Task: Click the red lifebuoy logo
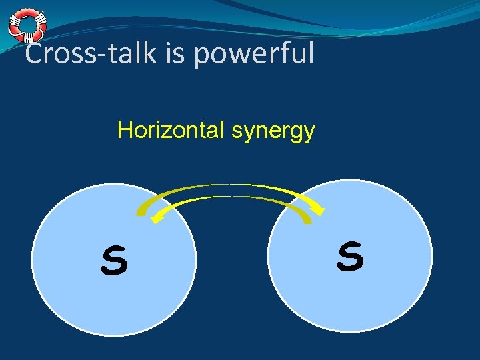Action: pyautogui.click(x=27, y=25)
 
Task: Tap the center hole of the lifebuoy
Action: pyautogui.click(x=27, y=25)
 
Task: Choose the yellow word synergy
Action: pyautogui.click(x=273, y=131)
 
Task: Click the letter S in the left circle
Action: pyautogui.click(x=114, y=261)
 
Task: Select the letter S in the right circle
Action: pyautogui.click(x=350, y=257)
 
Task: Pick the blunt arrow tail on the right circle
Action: pyautogui.click(x=306, y=218)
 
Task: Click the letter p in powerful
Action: pyautogui.click(x=202, y=56)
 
